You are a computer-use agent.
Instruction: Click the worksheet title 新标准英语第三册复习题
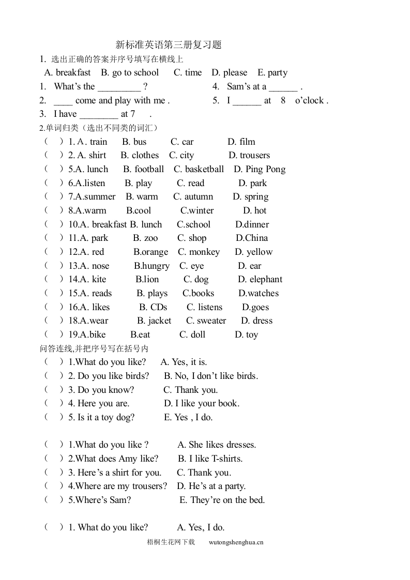169,45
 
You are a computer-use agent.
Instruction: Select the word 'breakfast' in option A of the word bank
73,73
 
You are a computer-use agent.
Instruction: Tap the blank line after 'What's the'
119,87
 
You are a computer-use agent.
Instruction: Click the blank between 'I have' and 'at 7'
99,114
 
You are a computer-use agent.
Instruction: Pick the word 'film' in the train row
247,142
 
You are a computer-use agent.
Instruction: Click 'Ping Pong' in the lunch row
265,170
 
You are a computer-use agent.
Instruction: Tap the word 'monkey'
204,252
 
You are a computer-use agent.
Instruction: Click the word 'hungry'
156,266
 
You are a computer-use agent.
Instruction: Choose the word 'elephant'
266,280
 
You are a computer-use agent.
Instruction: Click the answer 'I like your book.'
207,404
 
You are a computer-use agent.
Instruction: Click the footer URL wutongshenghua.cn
236,543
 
